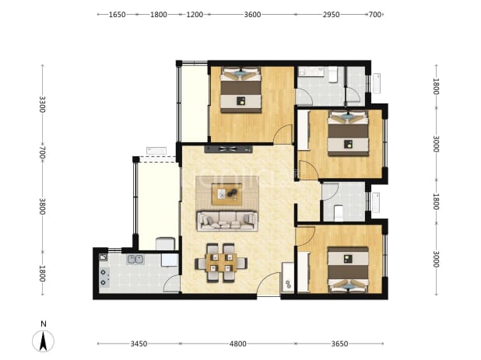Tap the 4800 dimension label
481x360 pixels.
pos(237,344)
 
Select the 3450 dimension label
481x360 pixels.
pos(139,344)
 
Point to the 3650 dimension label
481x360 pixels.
pos(339,344)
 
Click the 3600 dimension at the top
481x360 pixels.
pos(252,15)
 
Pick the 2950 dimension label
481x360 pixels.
pos(331,15)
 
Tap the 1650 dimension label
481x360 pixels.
pos(118,15)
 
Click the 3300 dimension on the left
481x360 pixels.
pos(42,104)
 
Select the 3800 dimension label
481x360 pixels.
pos(42,206)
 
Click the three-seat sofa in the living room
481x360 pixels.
pos(227,220)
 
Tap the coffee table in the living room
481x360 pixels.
pos(226,194)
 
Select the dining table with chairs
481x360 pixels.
pos(221,263)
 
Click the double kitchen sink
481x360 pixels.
pos(135,260)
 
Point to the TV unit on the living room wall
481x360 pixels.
pos(229,149)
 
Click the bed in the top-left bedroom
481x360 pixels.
pos(240,89)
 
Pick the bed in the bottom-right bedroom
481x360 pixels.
pos(348,270)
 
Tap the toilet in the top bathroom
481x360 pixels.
pos(333,75)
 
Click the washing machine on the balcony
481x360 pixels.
pos(165,243)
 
